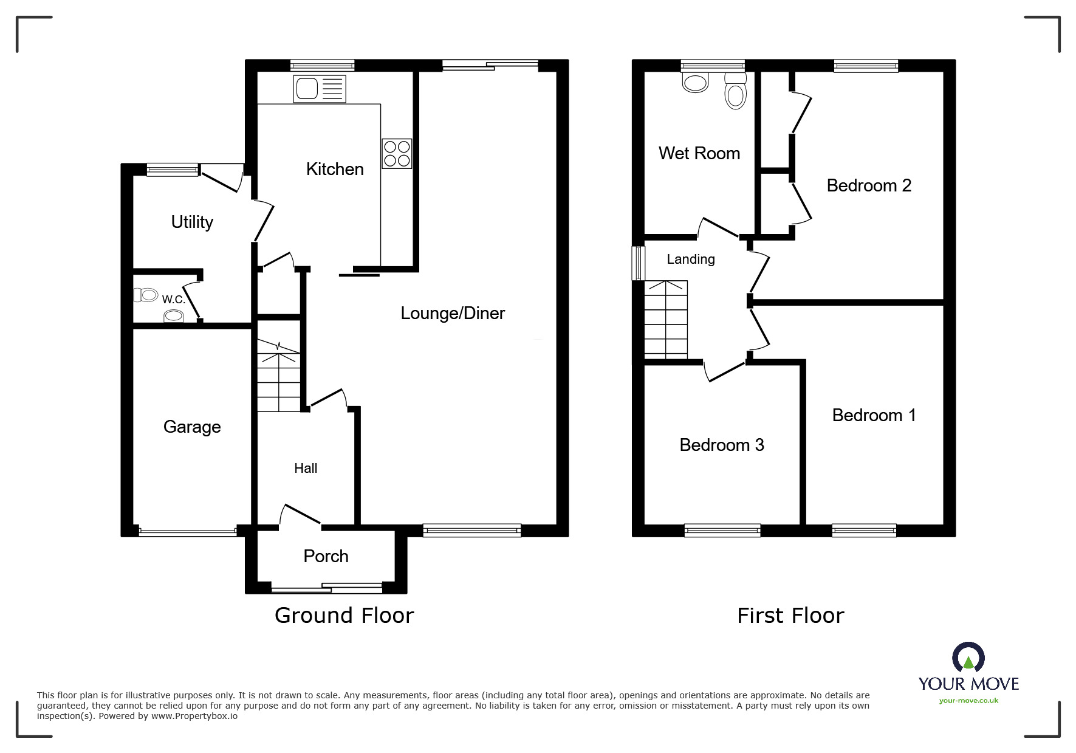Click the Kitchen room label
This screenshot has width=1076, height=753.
pos(335,169)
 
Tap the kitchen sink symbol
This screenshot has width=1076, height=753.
pos(320,89)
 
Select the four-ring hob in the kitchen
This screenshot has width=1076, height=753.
pos(397,153)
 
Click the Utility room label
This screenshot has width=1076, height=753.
pos(192,222)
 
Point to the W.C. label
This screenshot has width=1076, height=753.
pos(173,299)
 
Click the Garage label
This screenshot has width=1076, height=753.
pos(192,427)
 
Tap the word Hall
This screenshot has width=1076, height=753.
pos(306,468)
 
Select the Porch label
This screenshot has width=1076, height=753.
pos(326,556)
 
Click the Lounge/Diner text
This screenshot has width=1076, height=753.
pos(453,313)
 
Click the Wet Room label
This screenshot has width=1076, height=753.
pos(699,153)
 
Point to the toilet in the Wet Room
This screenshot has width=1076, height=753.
pos(736,92)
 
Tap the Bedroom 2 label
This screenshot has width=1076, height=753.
pos(869,185)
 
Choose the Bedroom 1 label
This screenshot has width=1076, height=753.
pos(874,415)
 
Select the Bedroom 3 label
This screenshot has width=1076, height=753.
pos(722,445)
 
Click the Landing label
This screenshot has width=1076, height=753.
pos(691,259)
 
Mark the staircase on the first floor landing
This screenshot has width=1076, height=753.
pos(666,320)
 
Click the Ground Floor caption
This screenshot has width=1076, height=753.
pos(344,616)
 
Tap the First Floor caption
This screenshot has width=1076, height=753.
pos(790,616)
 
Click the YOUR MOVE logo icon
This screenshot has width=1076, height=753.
pos(968,658)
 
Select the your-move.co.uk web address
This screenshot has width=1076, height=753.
pos(968,701)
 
